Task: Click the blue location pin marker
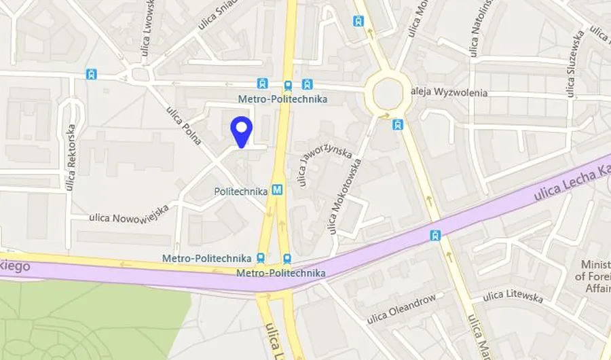(x=242, y=131)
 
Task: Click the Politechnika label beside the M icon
(x=242, y=192)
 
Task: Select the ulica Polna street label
(x=184, y=126)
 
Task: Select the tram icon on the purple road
(x=435, y=236)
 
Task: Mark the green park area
(x=88, y=319)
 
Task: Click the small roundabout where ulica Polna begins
(x=141, y=74)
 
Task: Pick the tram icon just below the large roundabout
(x=398, y=124)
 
